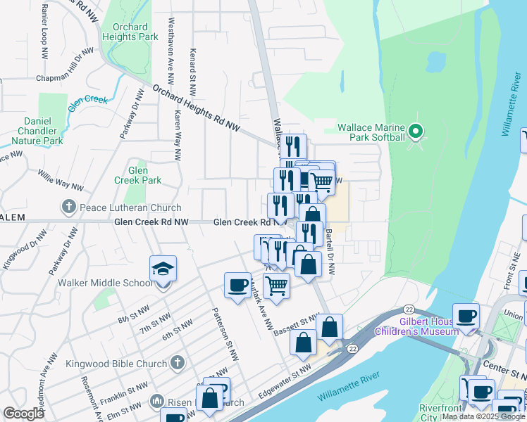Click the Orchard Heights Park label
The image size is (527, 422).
pyautogui.click(x=130, y=32)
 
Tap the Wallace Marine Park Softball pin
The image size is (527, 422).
pyautogui.click(x=416, y=131)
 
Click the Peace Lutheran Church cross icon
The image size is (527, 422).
pyautogui.click(x=68, y=207)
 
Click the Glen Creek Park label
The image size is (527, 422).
pyautogui.click(x=138, y=175)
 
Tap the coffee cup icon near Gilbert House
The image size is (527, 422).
pyautogui.click(x=466, y=316)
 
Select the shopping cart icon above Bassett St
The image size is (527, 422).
pyautogui.click(x=277, y=286)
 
